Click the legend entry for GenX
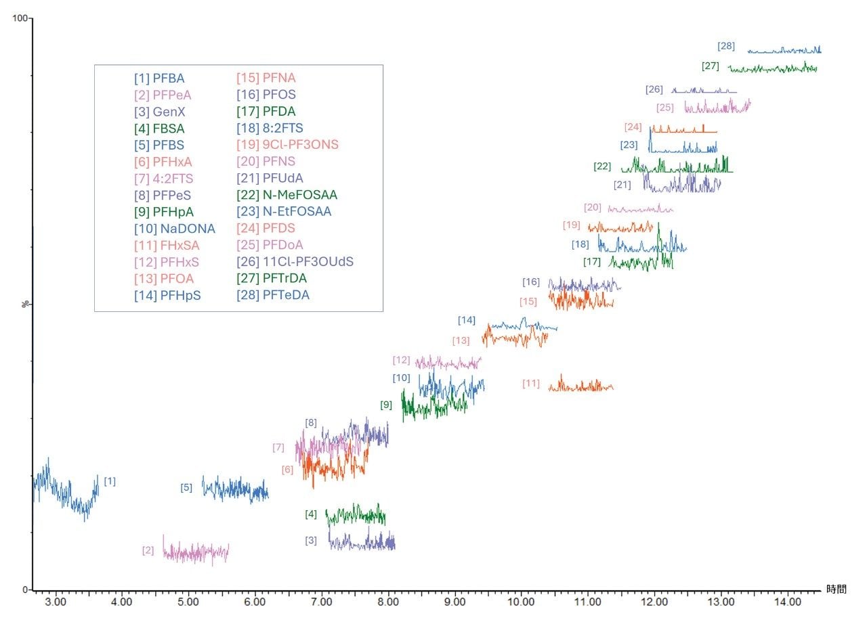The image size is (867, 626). (159, 112)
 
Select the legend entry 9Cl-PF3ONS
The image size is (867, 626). (287, 145)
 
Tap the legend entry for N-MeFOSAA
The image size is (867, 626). (287, 195)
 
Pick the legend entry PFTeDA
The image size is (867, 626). (273, 295)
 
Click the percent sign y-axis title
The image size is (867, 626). (26, 305)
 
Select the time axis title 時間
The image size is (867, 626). (836, 589)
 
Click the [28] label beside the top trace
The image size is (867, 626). (726, 46)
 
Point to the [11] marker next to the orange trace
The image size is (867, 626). (531, 384)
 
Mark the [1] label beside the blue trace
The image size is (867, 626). (110, 481)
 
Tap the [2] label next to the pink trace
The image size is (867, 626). (148, 550)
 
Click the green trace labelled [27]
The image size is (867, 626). (772, 69)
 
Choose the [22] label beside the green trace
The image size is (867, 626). (602, 166)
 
